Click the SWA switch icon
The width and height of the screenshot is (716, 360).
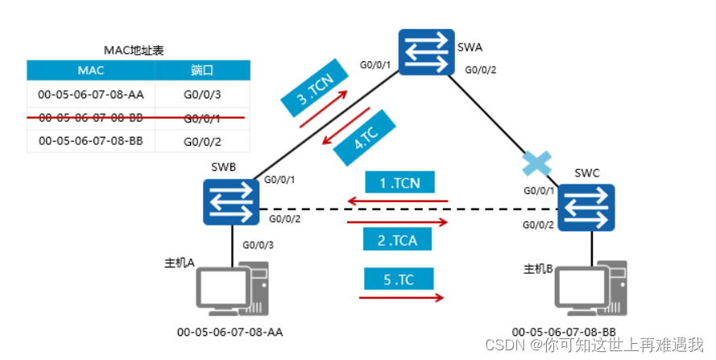coord(426,53)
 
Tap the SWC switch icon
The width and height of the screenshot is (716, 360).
coord(586,205)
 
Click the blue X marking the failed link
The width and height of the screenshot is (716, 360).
coord(532,163)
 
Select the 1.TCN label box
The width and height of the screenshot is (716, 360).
coord(399,183)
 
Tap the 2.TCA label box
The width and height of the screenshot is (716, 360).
coord(399,239)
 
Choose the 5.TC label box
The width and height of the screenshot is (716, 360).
coord(399,279)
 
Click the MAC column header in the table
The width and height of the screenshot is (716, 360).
coord(90,70)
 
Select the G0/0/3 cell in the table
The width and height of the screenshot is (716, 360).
coord(201,93)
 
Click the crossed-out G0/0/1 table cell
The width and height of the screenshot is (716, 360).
coord(201,118)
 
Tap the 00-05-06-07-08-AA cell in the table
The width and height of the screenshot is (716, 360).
coord(90,93)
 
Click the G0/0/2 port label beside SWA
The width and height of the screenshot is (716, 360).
coord(481,70)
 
